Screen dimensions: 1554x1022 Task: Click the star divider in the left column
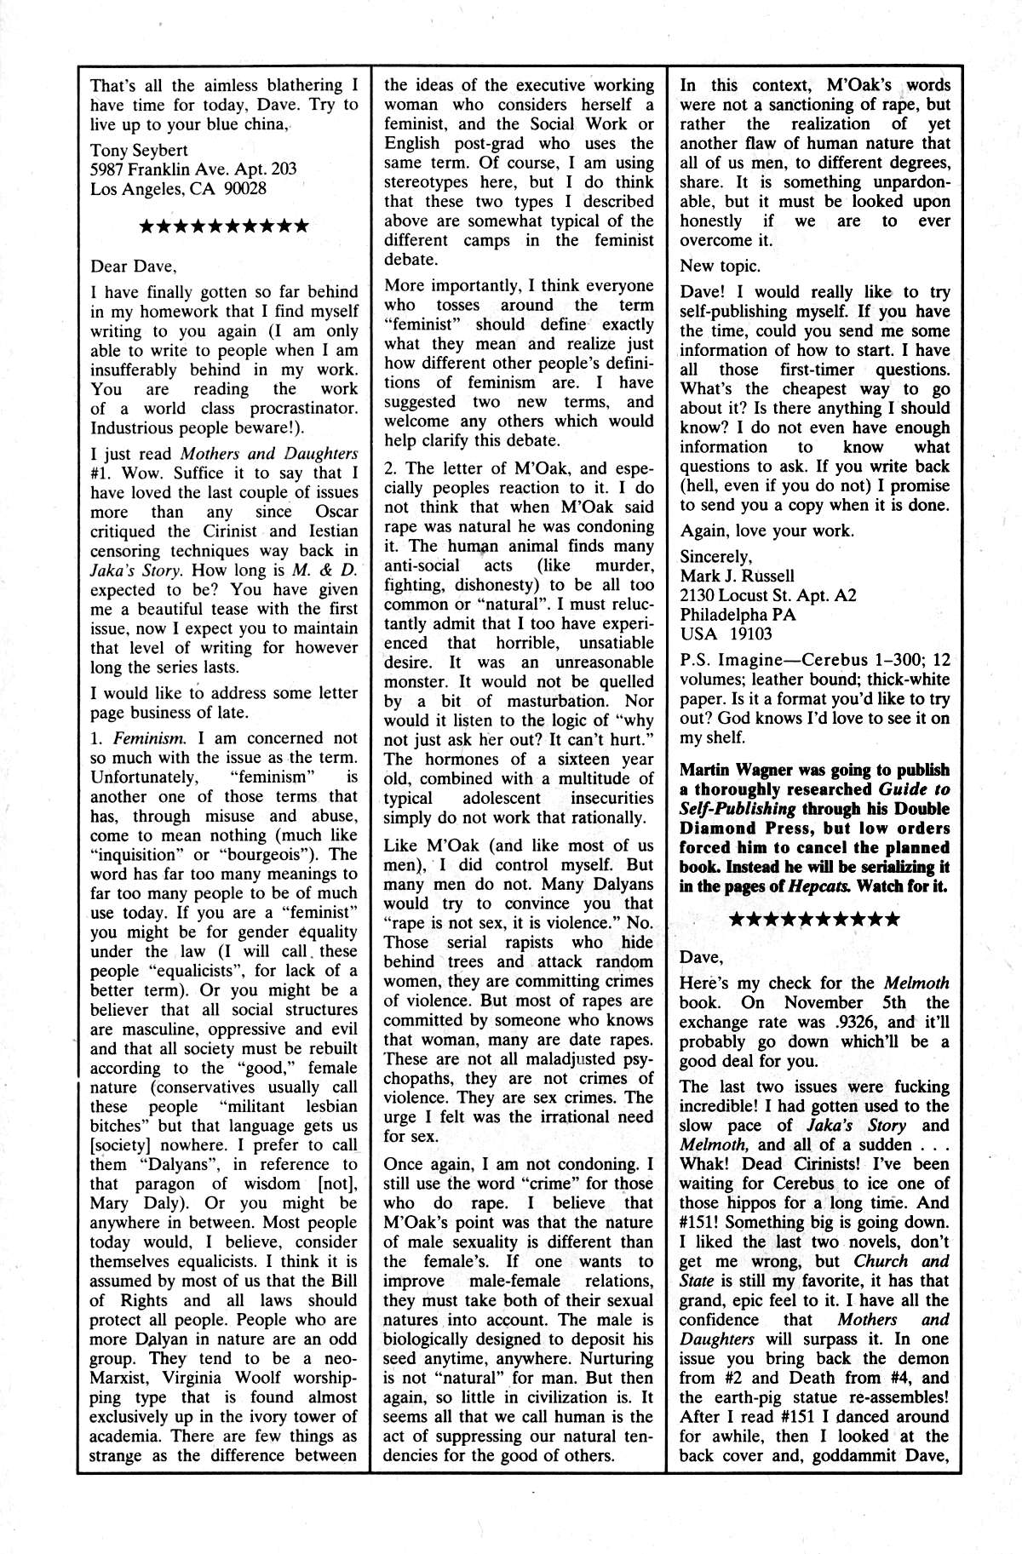click(223, 227)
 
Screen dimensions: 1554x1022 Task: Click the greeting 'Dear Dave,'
click(134, 265)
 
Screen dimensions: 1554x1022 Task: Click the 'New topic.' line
click(720, 267)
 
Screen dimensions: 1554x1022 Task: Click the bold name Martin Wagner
click(732, 770)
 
